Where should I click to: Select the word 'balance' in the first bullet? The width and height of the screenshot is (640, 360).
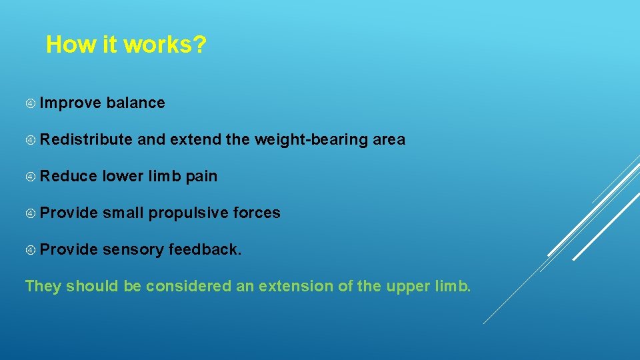pos(135,103)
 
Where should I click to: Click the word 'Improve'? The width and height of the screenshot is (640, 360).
pos(70,103)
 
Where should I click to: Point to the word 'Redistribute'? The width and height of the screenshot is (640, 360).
pos(86,139)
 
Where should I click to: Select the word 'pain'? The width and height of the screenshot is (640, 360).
pos(201,176)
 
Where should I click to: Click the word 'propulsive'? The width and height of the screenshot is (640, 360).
pos(189,213)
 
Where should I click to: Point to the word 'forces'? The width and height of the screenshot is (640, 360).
pos(257,213)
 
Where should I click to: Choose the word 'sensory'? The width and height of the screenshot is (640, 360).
pos(133,249)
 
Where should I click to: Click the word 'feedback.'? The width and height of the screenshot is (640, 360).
pos(205,249)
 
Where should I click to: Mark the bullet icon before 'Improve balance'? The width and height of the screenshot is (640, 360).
pos(31,103)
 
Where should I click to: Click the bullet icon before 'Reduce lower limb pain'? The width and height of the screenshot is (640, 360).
pos(31,177)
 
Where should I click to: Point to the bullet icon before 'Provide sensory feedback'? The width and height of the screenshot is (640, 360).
pos(31,250)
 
